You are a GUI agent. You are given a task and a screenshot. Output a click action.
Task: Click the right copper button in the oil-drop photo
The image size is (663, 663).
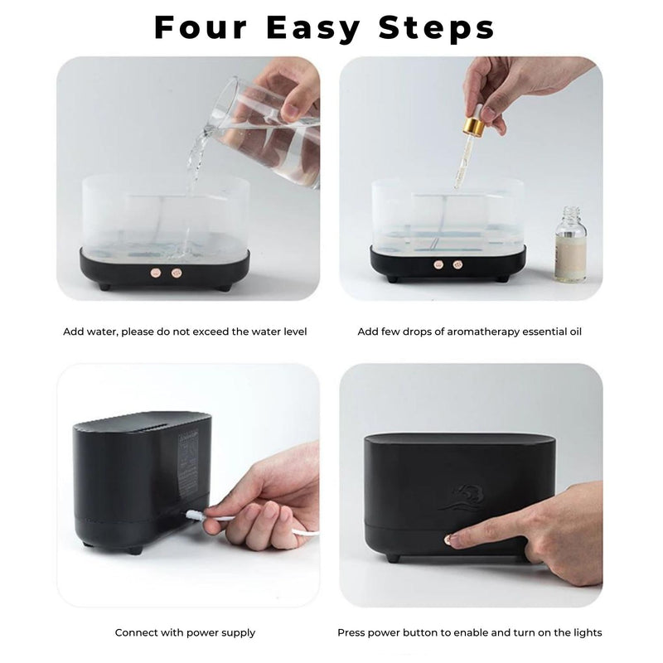pyautogui.click(x=454, y=266)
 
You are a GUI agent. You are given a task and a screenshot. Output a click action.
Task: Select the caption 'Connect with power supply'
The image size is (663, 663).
pyautogui.click(x=185, y=632)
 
